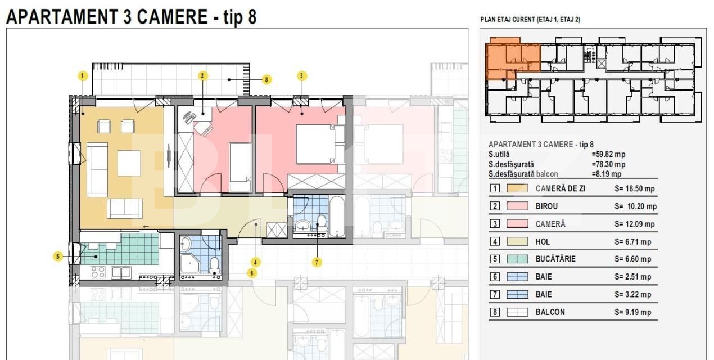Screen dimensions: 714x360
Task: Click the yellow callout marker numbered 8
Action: pyautogui.click(x=267, y=79)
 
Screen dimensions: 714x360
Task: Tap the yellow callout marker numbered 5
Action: pyautogui.click(x=58, y=256)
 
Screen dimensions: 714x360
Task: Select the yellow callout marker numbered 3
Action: pyautogui.click(x=301, y=76)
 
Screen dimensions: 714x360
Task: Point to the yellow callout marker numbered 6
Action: pyautogui.click(x=252, y=273)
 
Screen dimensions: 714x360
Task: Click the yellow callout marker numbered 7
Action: pyautogui.click(x=317, y=262)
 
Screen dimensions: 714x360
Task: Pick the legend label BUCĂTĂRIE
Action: pyautogui.click(x=555, y=259)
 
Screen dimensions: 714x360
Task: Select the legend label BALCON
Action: pyautogui.click(x=550, y=312)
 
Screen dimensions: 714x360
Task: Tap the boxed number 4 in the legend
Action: pyautogui.click(x=495, y=241)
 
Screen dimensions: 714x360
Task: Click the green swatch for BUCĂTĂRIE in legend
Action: pyautogui.click(x=517, y=259)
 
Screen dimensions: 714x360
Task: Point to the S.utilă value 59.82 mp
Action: pyautogui.click(x=608, y=154)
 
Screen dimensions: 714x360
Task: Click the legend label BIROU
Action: pyautogui.click(x=546, y=206)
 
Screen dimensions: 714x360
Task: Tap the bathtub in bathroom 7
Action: pyautogui.click(x=337, y=216)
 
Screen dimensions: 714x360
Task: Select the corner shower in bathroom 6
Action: pyautogui.click(x=189, y=263)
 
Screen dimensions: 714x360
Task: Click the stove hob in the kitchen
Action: pyautogui.click(x=98, y=272)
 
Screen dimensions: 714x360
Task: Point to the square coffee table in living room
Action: pyautogui.click(x=129, y=163)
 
